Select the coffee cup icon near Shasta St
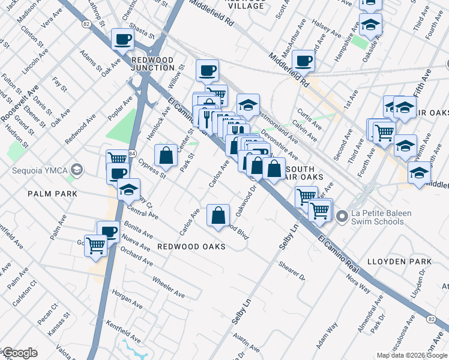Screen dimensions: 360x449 pyautogui.click(x=122, y=40)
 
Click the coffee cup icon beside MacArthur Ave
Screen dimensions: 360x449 pyautogui.click(x=304, y=61)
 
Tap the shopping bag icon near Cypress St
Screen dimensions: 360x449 pyautogui.click(x=166, y=156)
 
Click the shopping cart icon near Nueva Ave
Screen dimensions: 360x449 pyautogui.click(x=95, y=246)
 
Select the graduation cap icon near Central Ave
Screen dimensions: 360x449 pyautogui.click(x=128, y=190)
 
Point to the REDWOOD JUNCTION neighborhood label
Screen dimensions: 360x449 pyautogui.click(x=152, y=64)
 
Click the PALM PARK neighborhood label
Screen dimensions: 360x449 pyautogui.click(x=52, y=194)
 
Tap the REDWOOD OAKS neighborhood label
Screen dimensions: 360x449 pyautogui.click(x=191, y=247)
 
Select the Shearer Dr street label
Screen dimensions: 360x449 pyautogui.click(x=292, y=271)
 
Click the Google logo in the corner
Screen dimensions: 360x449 pyautogui.click(x=19, y=353)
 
